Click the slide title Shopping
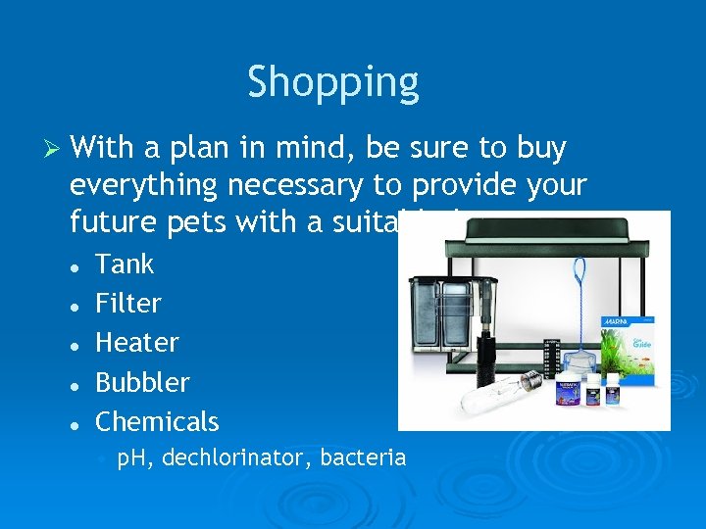tap(332, 82)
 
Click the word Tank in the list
tap(125, 264)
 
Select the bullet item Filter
tap(127, 304)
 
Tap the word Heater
tap(136, 343)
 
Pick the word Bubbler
tap(142, 382)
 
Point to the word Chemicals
tap(157, 422)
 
